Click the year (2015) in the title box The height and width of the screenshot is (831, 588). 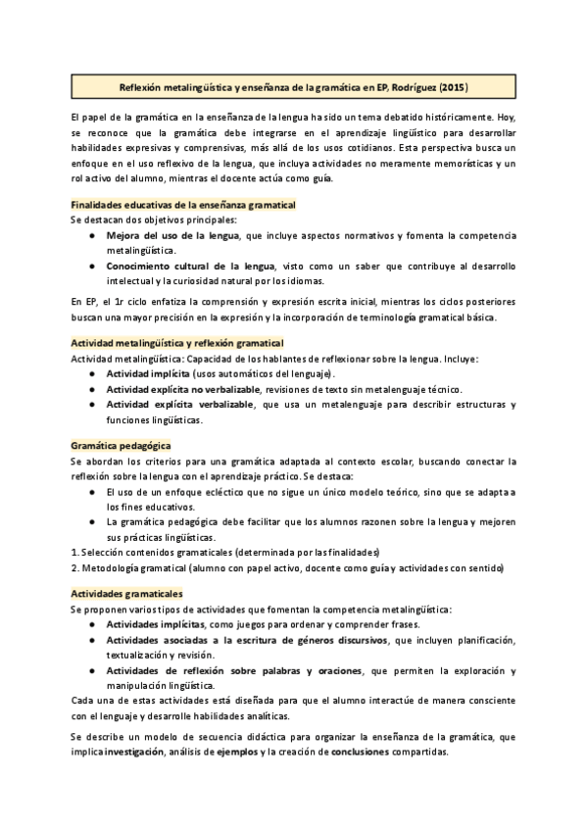tap(452, 87)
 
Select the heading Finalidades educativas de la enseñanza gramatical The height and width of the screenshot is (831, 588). tap(183, 205)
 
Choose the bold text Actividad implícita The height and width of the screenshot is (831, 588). tap(150, 374)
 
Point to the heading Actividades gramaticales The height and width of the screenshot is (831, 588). tap(126, 593)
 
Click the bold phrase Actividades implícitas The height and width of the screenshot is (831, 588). tap(156, 624)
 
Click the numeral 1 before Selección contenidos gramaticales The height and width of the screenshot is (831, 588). tap(73, 553)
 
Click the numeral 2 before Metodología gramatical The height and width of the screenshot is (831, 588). tap(73, 568)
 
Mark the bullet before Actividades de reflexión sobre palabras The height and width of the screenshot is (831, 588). tap(91, 670)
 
